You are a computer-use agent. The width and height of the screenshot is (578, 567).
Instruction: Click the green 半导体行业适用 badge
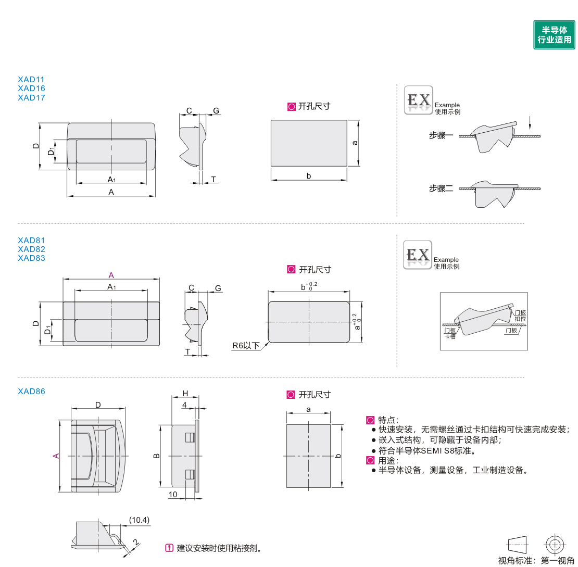point(554,35)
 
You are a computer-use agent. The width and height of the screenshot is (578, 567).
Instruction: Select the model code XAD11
point(31,80)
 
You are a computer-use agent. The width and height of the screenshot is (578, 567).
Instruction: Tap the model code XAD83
point(31,258)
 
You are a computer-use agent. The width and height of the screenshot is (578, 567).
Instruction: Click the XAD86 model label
point(31,391)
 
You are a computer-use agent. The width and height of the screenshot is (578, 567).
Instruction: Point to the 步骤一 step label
point(441,136)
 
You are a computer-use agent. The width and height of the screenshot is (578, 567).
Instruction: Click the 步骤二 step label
point(441,188)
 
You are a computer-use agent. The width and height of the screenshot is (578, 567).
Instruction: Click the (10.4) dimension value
point(140,520)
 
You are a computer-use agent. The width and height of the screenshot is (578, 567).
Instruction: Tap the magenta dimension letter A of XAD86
point(56,456)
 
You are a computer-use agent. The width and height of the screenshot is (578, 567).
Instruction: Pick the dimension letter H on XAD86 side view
point(185,394)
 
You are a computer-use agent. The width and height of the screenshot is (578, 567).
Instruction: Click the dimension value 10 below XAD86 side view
point(173,494)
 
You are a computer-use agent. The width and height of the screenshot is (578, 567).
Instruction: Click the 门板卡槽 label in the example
point(450,334)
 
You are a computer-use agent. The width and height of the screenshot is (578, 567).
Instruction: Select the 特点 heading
point(387,420)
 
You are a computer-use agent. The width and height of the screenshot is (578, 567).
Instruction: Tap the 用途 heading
point(387,460)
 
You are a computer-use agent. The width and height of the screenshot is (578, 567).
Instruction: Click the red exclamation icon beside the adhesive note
point(169,548)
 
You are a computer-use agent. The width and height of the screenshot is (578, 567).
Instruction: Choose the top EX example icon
point(419,100)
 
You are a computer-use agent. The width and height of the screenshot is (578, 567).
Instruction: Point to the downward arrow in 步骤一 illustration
point(530,123)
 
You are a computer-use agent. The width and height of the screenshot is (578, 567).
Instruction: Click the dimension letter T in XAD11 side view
point(213,180)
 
